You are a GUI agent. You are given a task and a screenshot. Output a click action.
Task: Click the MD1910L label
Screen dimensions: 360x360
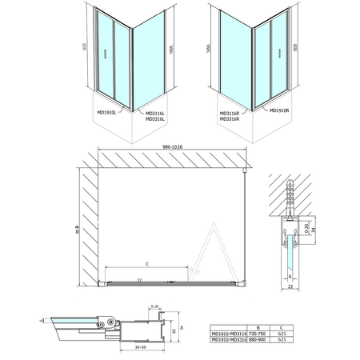click(x=106, y=112)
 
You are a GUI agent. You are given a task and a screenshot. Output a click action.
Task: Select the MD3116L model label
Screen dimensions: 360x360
click(x=156, y=113)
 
